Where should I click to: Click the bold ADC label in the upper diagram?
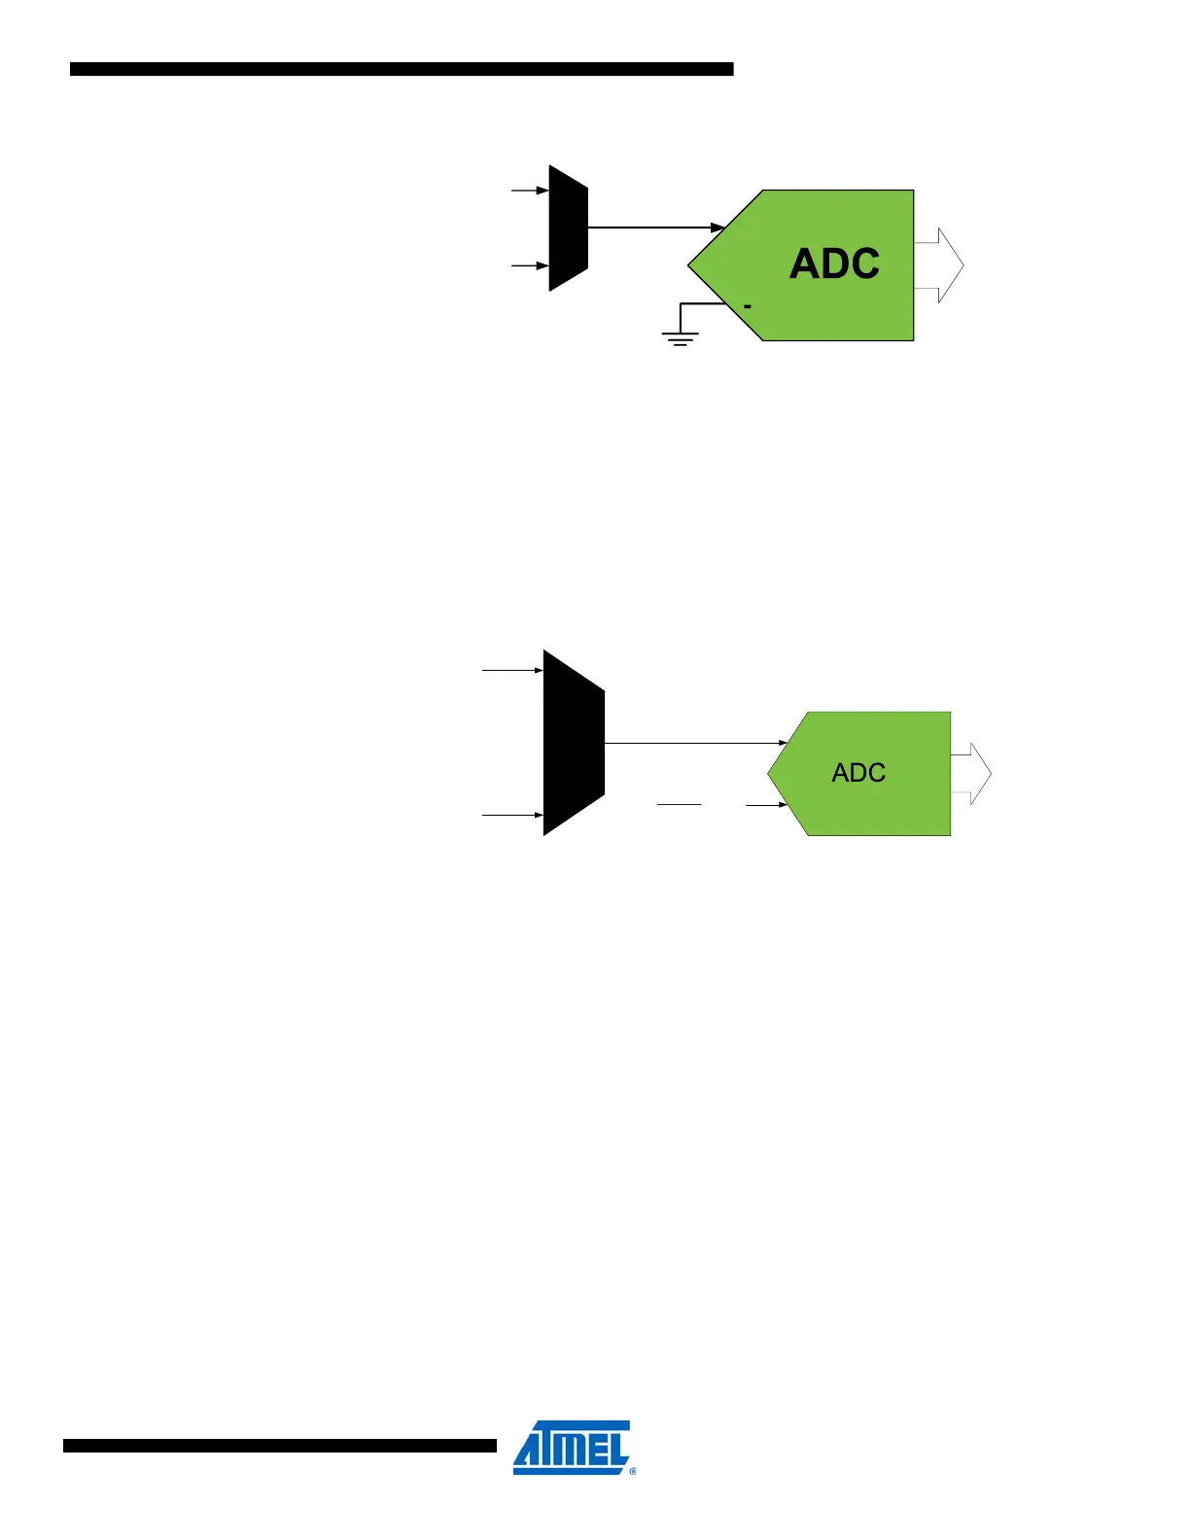point(834,263)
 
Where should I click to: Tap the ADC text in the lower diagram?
point(858,773)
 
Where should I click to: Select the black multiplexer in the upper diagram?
point(569,228)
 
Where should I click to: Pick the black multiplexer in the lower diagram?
point(574,743)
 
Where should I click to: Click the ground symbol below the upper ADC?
point(680,337)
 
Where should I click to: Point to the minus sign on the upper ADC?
point(748,307)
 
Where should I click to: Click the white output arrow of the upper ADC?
point(940,265)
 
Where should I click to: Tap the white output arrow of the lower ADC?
point(971,774)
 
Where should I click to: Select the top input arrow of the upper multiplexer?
point(530,191)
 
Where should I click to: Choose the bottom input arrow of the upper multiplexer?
point(530,265)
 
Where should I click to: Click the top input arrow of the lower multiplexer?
point(512,670)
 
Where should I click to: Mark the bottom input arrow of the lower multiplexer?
point(512,815)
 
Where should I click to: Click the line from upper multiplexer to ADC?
point(651,227)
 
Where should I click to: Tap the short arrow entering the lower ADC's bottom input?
point(766,805)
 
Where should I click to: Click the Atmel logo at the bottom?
point(573,1448)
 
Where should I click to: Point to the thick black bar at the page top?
point(402,69)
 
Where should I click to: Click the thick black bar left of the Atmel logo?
point(280,1446)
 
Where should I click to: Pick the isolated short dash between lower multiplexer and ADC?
point(679,805)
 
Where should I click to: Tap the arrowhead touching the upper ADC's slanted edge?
point(718,227)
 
